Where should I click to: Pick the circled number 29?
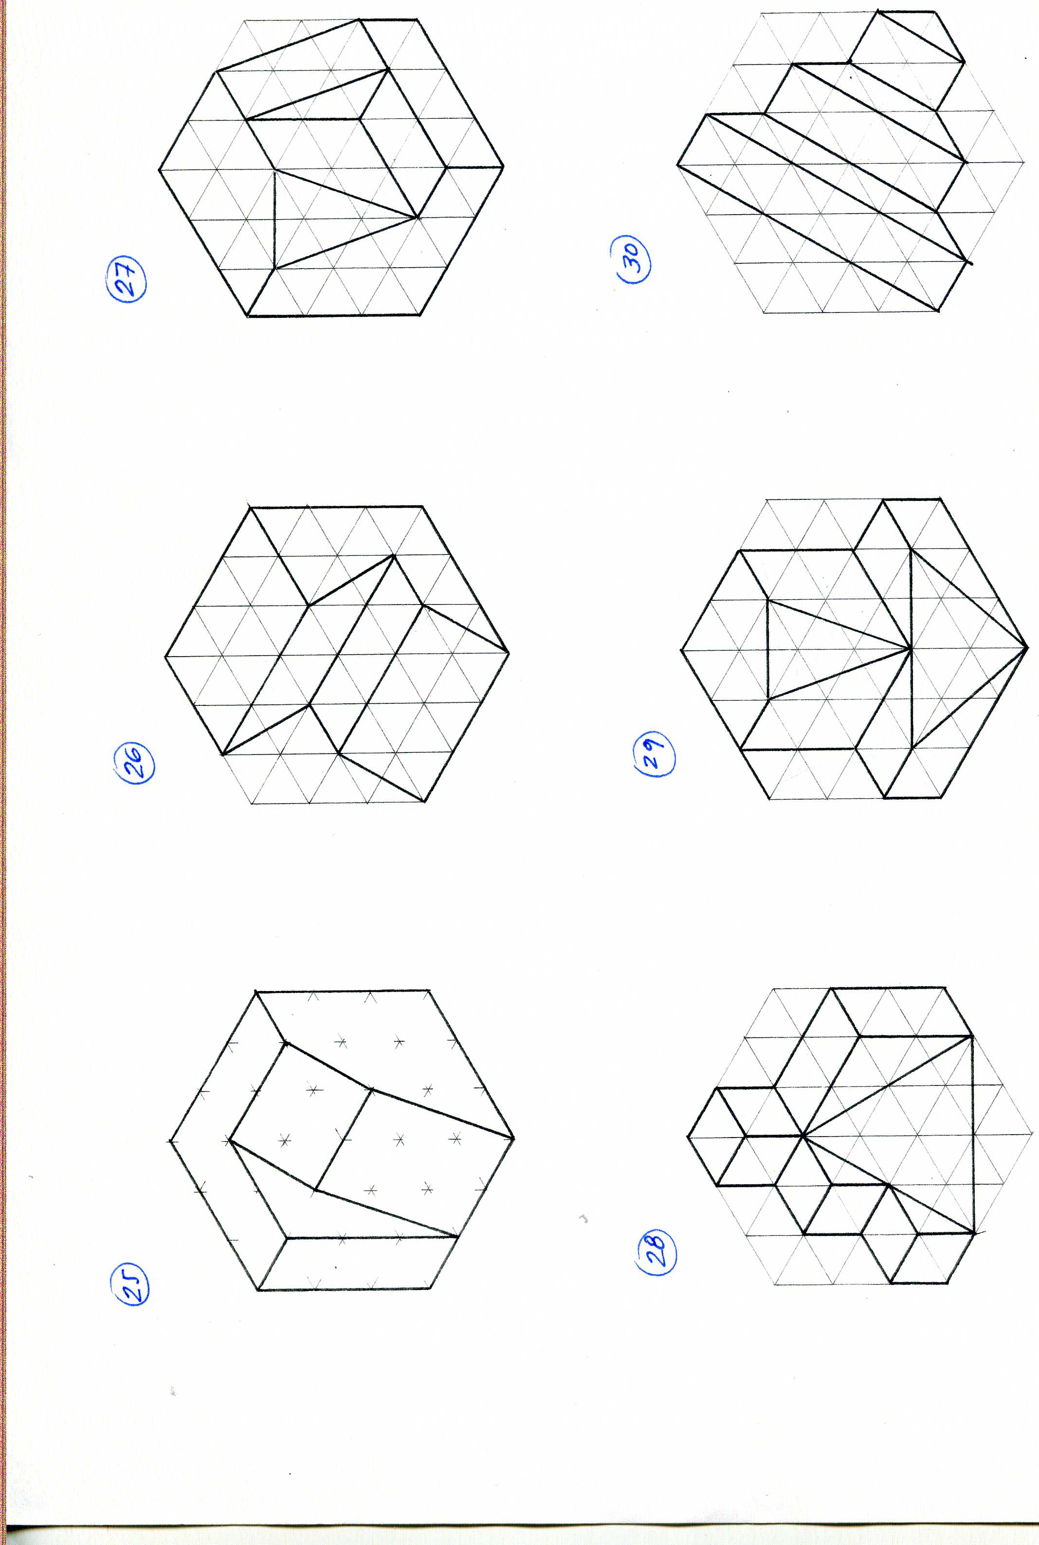pos(655,755)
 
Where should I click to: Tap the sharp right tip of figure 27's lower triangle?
pos(418,217)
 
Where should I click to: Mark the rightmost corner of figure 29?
pos(1026,647)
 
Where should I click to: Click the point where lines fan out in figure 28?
pos(802,1136)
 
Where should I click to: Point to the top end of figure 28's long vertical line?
pos(972,1036)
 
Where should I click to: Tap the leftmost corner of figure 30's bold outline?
pos(678,165)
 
